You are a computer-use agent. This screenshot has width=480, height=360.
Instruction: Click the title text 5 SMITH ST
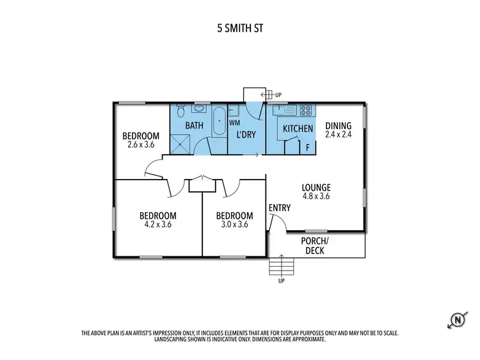pos(239,29)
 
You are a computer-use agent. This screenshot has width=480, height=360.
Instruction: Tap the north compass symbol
pos(458,319)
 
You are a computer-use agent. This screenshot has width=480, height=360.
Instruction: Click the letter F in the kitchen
pos(308,148)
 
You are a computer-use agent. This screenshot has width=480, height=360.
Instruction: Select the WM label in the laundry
pos(234,121)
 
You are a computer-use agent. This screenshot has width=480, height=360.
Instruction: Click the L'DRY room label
pos(246,136)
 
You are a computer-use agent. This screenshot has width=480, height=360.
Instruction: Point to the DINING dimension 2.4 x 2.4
pos(338,135)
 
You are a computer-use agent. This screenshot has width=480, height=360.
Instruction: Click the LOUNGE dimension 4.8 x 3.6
pos(316,197)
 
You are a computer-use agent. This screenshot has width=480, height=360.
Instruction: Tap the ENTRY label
pos(280,208)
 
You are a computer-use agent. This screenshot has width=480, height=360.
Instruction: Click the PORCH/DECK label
pos(315,246)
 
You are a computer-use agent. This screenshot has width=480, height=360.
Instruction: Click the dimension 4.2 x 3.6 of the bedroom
pos(158,224)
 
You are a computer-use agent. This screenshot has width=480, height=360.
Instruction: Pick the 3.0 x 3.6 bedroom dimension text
pos(234,224)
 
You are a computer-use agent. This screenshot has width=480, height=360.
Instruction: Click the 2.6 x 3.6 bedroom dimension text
pos(141,145)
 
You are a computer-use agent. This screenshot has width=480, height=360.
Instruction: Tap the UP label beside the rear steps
pos(278,95)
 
